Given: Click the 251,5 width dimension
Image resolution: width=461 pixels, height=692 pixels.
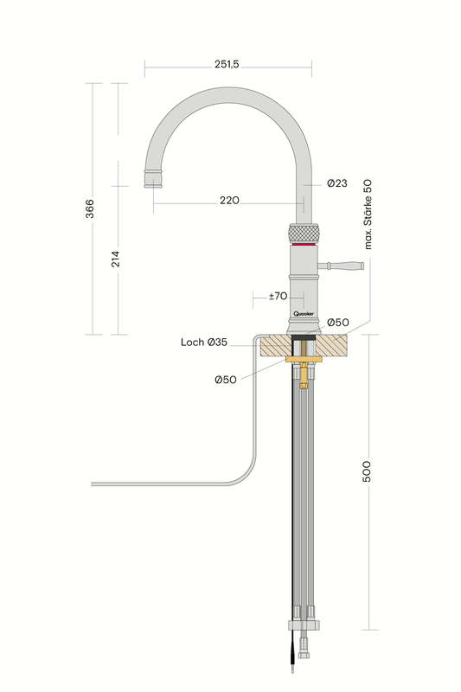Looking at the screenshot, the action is pos(227,64).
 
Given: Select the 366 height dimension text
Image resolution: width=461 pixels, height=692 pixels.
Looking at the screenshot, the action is pos(90,208).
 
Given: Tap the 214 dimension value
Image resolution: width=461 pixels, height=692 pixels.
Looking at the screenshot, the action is pos(115,259).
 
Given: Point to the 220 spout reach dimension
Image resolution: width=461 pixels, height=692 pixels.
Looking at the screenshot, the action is pos(229,201).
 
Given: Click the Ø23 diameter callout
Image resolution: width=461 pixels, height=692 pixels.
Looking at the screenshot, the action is pos(337,183).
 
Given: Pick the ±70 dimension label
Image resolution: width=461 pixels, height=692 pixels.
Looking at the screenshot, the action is pos(278,296).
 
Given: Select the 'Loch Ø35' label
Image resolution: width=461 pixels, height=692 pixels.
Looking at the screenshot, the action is pos(204,342).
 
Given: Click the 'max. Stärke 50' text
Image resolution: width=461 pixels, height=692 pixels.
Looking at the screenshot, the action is pos(368,215).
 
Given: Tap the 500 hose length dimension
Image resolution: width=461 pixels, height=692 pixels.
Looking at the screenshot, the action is pos(366,471).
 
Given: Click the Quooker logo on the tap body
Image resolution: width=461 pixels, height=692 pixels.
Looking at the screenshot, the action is pos(304,313).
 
